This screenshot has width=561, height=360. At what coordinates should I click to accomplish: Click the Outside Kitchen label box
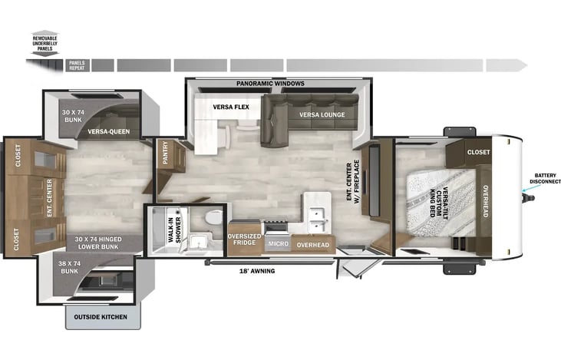click(x=103, y=317)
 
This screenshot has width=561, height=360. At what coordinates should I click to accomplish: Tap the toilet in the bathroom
click(x=214, y=217)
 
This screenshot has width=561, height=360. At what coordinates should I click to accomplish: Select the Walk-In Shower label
click(x=174, y=230)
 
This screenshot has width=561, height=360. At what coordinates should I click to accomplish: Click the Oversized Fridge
click(x=244, y=239)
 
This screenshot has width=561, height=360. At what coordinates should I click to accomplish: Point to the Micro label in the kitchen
click(x=279, y=243)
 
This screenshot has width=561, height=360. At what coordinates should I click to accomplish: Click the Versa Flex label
click(x=231, y=107)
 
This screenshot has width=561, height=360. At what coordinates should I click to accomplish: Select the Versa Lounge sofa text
click(x=322, y=115)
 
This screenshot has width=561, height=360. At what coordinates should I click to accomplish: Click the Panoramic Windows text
click(x=270, y=84)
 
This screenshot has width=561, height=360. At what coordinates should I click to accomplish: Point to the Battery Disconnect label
click(x=545, y=178)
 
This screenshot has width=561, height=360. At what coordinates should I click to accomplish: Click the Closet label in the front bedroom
click(x=478, y=152)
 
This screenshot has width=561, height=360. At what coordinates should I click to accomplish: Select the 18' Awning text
click(x=257, y=271)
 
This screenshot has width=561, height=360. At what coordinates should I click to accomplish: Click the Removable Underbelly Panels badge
click(x=45, y=43)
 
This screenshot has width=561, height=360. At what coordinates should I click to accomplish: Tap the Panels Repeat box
click(x=77, y=65)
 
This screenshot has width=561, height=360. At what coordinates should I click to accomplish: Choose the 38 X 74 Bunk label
click(x=69, y=267)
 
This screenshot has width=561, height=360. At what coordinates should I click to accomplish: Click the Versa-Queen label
click(x=109, y=132)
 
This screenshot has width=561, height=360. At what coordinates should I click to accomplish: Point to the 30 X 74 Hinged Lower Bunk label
click(x=98, y=243)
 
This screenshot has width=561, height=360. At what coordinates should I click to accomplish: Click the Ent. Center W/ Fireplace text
click(x=353, y=182)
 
